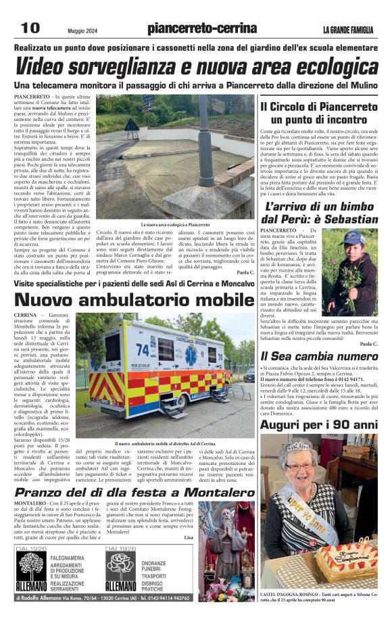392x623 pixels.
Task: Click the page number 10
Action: pos(30,28)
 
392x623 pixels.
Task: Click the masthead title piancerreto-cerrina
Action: pos(201,28)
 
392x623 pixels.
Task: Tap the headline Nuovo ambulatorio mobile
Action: pos(125,300)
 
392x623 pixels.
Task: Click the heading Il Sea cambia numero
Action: pos(320,355)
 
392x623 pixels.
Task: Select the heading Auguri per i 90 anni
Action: pos(319,426)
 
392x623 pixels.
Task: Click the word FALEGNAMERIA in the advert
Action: pos(72,555)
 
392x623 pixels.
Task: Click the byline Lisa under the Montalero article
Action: pos(188,537)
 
